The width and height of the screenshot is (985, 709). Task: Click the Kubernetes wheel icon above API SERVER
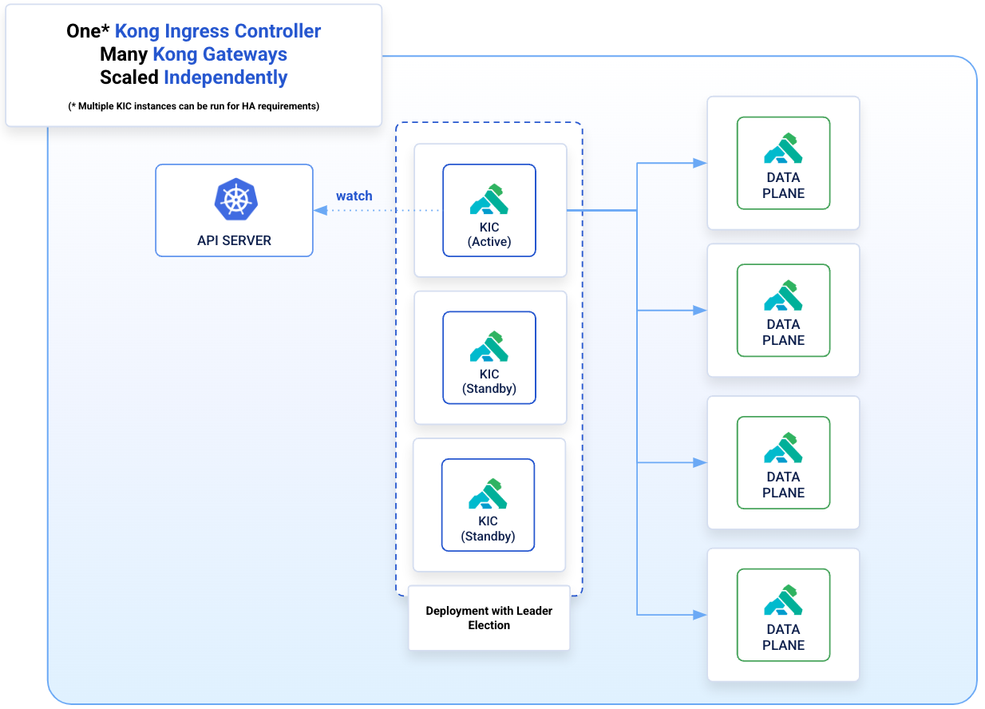236,200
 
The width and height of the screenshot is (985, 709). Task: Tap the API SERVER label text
235,240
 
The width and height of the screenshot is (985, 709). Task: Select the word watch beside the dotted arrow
354,196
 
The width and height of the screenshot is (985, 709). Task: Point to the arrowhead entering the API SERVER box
321,211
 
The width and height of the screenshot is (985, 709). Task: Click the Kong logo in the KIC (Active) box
489,200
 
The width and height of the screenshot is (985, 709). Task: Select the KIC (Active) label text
489,235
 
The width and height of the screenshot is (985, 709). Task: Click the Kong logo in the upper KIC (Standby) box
489,347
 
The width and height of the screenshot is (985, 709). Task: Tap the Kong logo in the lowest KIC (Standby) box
488,493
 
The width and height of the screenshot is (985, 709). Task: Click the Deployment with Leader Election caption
489,618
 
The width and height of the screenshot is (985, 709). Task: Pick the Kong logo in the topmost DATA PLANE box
783,149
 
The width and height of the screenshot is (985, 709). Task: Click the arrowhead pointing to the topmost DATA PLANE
700,163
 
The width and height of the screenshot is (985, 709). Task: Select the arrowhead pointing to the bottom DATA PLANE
700,615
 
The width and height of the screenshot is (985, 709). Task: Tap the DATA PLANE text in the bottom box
784,637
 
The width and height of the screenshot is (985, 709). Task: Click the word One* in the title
88,31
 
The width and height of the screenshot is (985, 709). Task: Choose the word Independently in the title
226,78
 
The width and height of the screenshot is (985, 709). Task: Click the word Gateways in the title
245,54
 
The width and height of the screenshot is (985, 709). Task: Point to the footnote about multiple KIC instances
194,106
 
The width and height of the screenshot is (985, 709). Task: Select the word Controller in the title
278,31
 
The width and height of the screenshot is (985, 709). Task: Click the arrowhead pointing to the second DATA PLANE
700,311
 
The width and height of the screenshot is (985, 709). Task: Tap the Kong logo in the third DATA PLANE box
783,448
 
